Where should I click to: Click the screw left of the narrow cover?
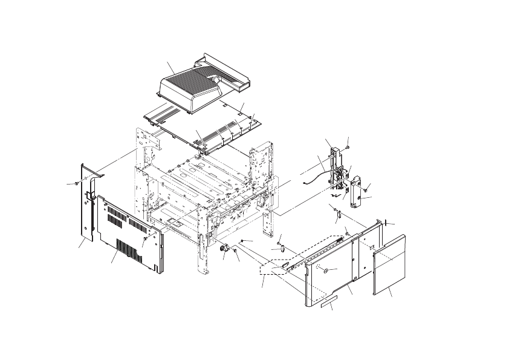[x=74, y=183]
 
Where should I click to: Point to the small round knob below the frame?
[x=222, y=247]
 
